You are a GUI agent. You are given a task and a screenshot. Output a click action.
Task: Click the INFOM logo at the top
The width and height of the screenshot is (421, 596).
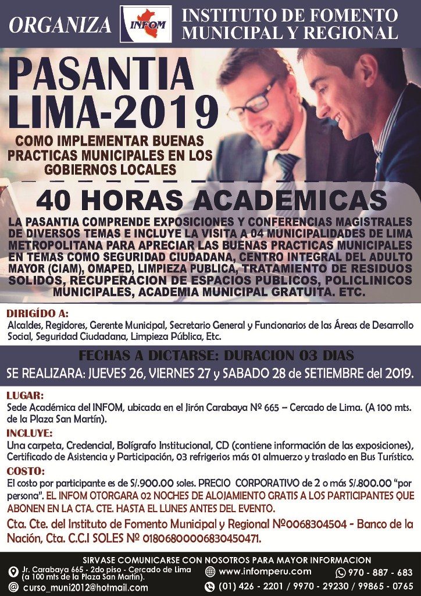tap(145, 24)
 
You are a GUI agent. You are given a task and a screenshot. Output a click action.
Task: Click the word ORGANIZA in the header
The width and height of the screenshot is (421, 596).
tap(60, 25)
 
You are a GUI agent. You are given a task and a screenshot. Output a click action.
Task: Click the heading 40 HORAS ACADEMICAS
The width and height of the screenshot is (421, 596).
tap(211, 201)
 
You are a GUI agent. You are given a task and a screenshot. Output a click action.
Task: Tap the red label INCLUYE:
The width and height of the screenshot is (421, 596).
tap(30, 433)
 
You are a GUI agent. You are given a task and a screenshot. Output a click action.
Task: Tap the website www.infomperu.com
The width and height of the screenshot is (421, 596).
tap(265, 572)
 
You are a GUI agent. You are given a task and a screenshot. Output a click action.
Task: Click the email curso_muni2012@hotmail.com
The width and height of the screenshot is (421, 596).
tap(85, 587)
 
